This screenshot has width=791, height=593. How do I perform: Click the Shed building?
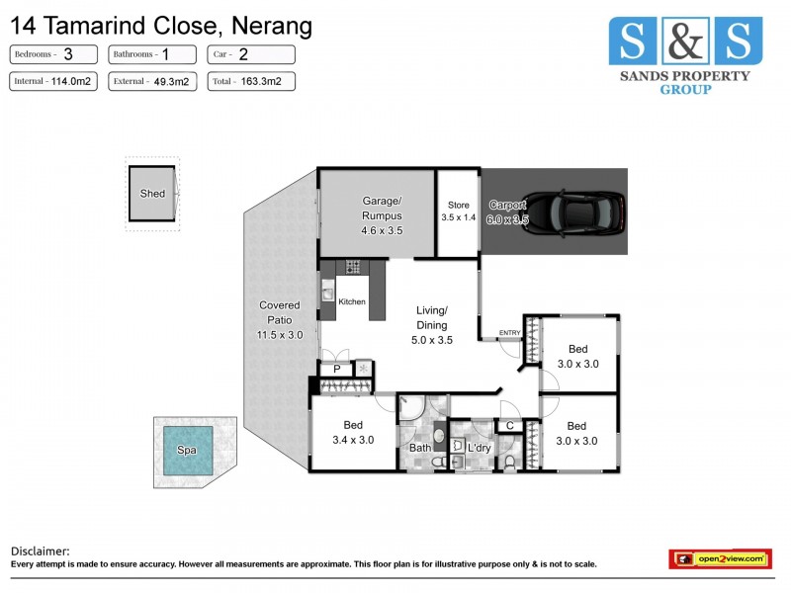tap(152, 194)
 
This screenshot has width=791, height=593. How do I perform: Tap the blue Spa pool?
tap(187, 450)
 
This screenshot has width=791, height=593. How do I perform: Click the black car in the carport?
tap(584, 211)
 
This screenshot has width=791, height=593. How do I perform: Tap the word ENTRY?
tap(509, 332)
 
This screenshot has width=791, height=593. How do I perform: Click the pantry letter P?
tap(336, 369)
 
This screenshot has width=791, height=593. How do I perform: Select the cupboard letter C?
tap(508, 426)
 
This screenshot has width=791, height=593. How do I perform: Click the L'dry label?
tap(480, 449)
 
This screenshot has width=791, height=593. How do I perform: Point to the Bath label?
tap(420, 449)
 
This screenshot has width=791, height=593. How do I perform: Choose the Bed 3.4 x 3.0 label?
tap(354, 433)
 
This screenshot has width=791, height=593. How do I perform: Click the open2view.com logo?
tap(720, 559)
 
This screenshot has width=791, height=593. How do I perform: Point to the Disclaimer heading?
tap(41, 551)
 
